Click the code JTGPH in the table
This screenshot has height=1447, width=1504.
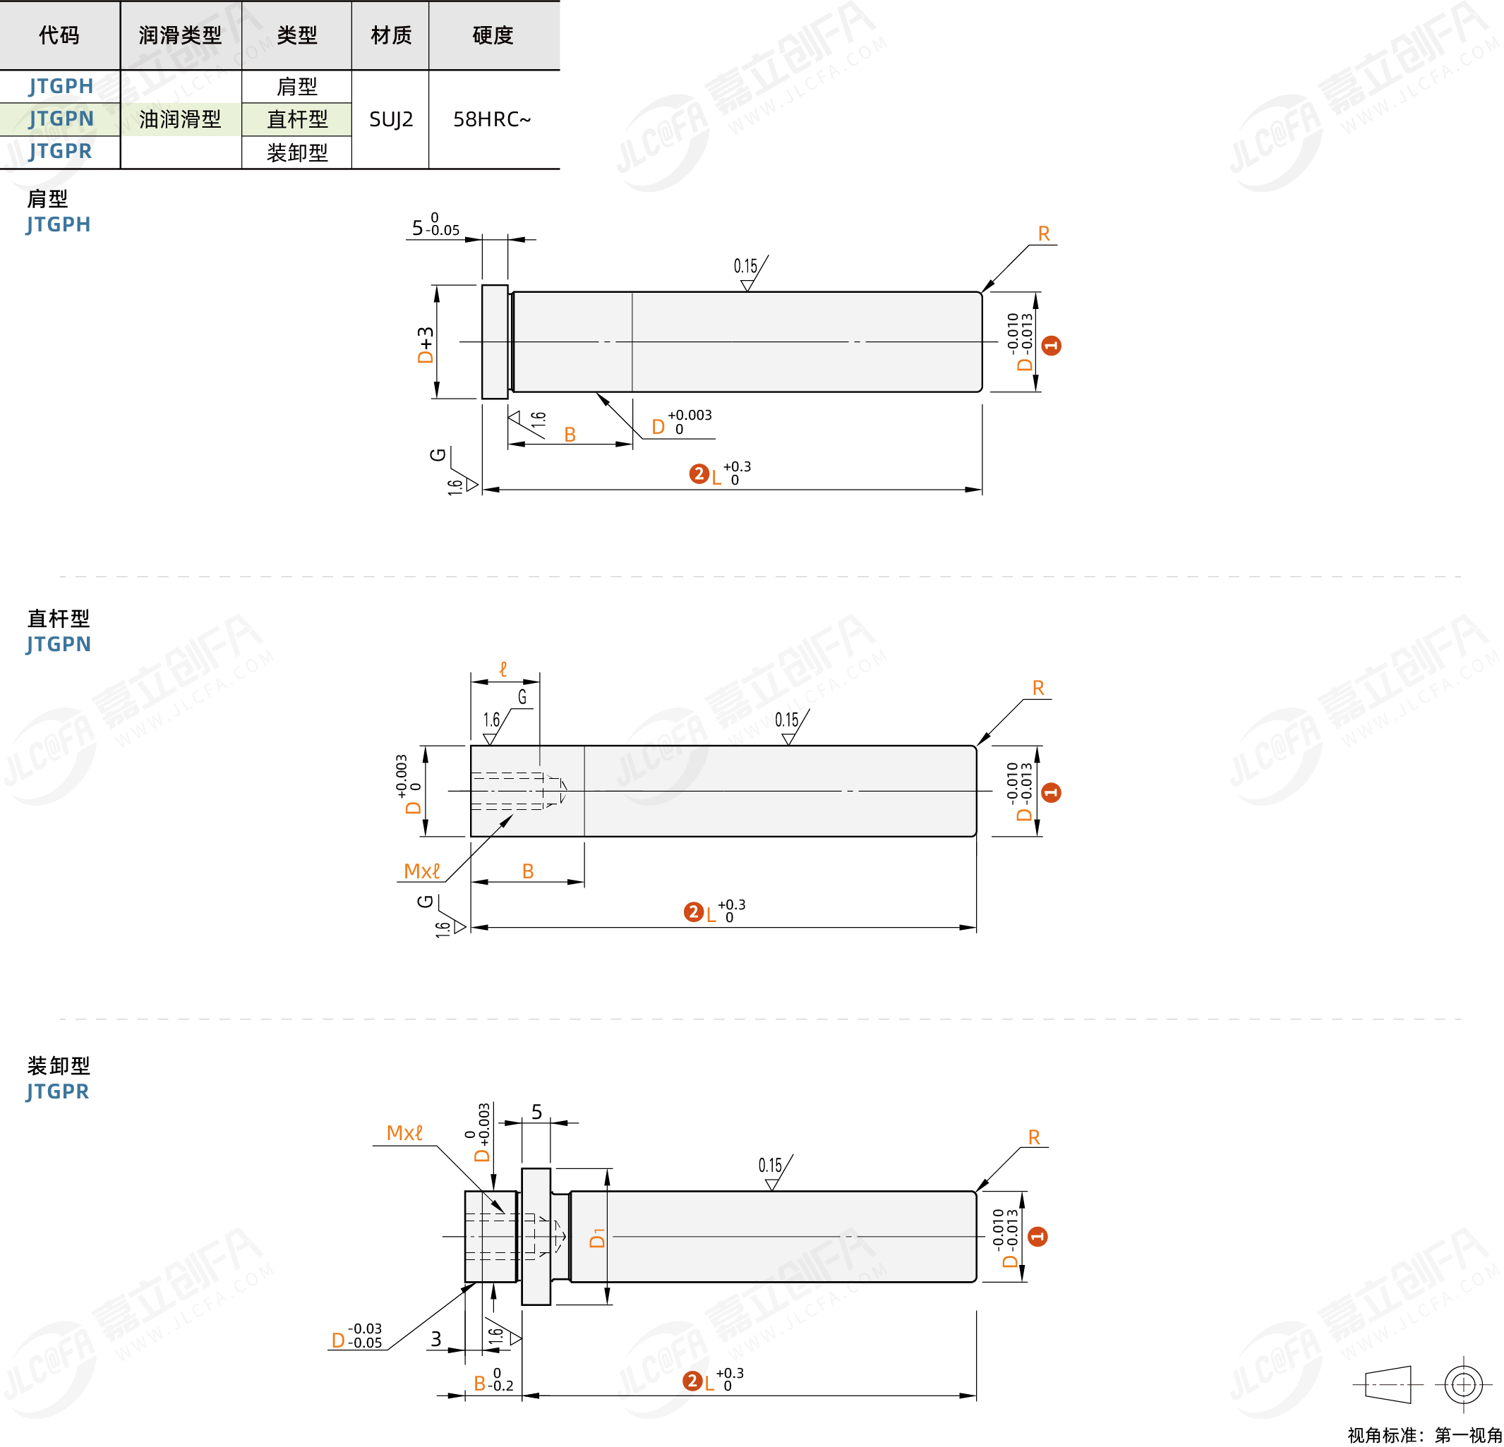(x=61, y=86)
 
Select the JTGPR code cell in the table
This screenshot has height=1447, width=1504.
(x=60, y=151)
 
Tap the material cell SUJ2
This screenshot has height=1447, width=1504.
(x=390, y=119)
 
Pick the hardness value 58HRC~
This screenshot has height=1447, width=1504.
(x=492, y=119)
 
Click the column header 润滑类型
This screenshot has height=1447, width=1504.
(x=181, y=35)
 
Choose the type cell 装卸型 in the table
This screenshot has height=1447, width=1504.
(x=297, y=152)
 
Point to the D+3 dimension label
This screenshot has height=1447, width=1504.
(x=425, y=344)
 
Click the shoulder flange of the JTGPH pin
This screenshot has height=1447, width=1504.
(x=495, y=342)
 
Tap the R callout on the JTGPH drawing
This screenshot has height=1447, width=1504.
(x=1044, y=234)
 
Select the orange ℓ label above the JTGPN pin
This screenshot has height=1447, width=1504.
(x=503, y=669)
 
